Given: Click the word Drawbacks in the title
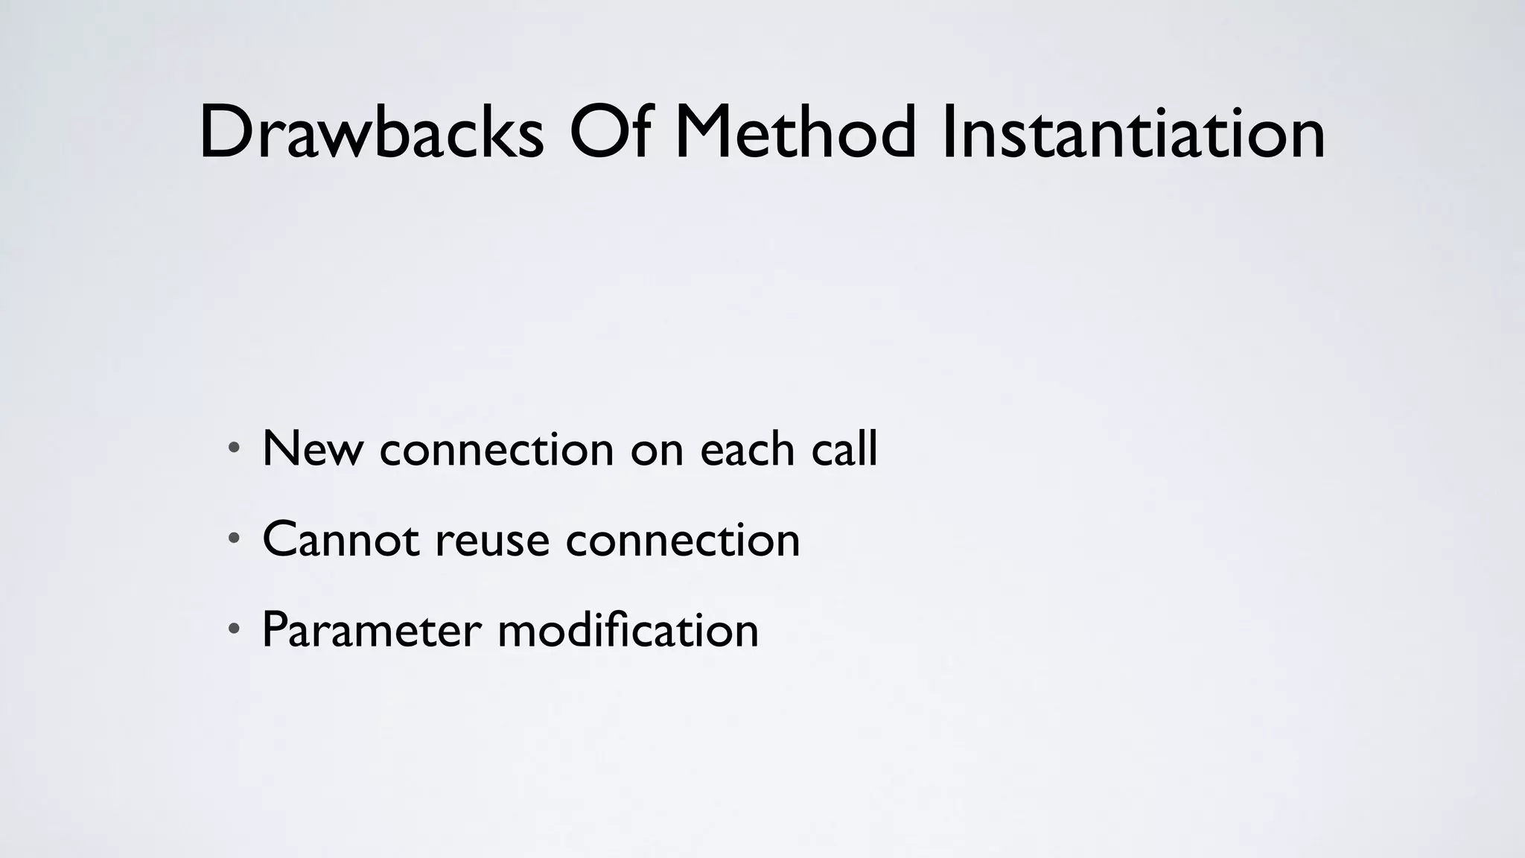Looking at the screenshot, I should [371, 133].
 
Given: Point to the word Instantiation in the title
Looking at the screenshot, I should [1133, 133].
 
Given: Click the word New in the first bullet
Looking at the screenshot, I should [313, 449].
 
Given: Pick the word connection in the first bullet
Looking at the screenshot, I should [497, 449].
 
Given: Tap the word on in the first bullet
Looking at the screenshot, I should [657, 451].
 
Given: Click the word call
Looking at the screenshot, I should [844, 449].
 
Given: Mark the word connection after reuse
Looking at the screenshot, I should [683, 539].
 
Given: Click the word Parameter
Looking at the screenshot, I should [372, 630].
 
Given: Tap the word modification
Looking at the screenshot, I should [628, 629].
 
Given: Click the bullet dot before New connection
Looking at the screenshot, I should [234, 448].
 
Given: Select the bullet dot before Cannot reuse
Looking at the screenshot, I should [234, 538].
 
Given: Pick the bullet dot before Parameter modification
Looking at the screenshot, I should [234, 629].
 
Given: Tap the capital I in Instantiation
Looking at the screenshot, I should [947, 133].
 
